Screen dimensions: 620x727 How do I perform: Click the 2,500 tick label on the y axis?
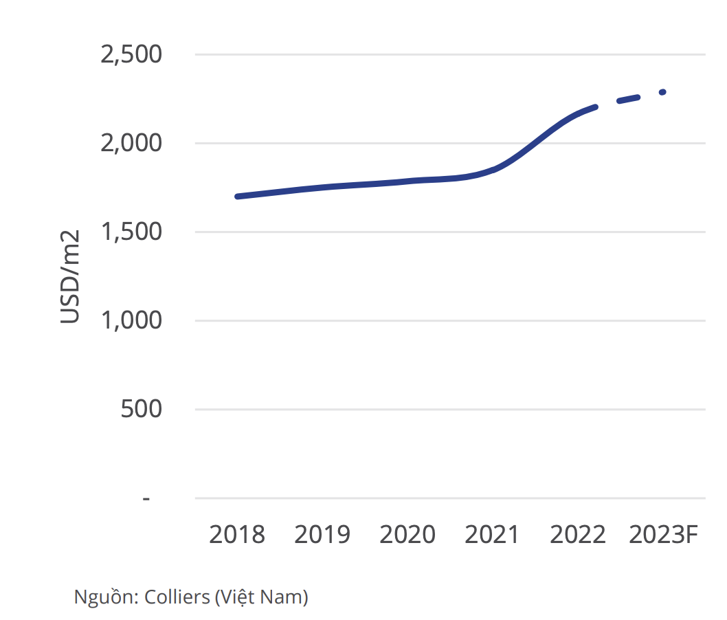[131, 54]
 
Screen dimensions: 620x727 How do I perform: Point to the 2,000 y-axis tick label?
[131, 143]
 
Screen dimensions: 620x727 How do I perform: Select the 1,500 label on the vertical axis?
[131, 232]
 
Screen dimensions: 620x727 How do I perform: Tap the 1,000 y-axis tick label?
[131, 320]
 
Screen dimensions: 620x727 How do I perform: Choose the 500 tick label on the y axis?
[142, 409]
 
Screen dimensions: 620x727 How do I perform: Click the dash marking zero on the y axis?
[146, 498]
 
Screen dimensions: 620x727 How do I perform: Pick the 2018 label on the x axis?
[237, 534]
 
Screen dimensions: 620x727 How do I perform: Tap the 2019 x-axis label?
[322, 534]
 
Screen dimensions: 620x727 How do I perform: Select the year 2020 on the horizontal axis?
[407, 534]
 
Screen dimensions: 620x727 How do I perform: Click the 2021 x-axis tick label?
[492, 534]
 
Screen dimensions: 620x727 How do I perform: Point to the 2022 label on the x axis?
[577, 534]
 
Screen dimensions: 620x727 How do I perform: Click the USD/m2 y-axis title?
[71, 276]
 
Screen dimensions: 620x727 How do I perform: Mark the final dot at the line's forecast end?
[662, 92]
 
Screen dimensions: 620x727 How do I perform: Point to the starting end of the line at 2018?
[238, 197]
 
